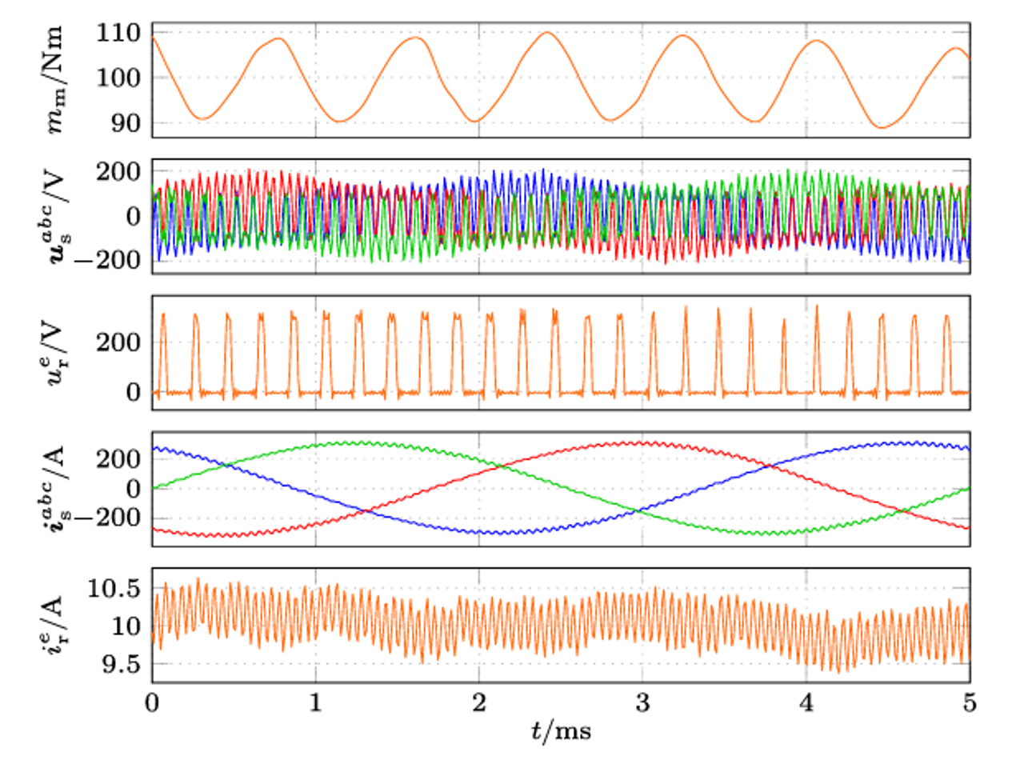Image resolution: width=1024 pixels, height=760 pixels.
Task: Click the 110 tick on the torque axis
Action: (x=118, y=34)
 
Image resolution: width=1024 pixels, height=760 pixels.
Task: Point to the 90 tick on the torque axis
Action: (x=126, y=123)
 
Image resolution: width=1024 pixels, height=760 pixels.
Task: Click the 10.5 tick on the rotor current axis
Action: (x=113, y=589)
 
